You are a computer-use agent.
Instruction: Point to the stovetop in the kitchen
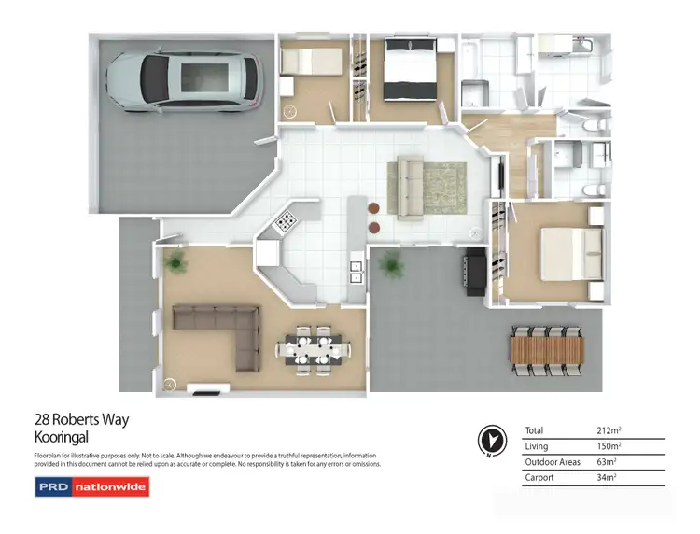point(285,222)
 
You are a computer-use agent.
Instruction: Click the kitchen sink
point(357,271)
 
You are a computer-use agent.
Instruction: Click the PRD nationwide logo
point(91,487)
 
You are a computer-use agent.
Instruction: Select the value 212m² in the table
point(609,430)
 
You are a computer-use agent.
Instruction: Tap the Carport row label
point(541,478)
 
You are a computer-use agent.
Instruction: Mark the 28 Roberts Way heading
point(81,420)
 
